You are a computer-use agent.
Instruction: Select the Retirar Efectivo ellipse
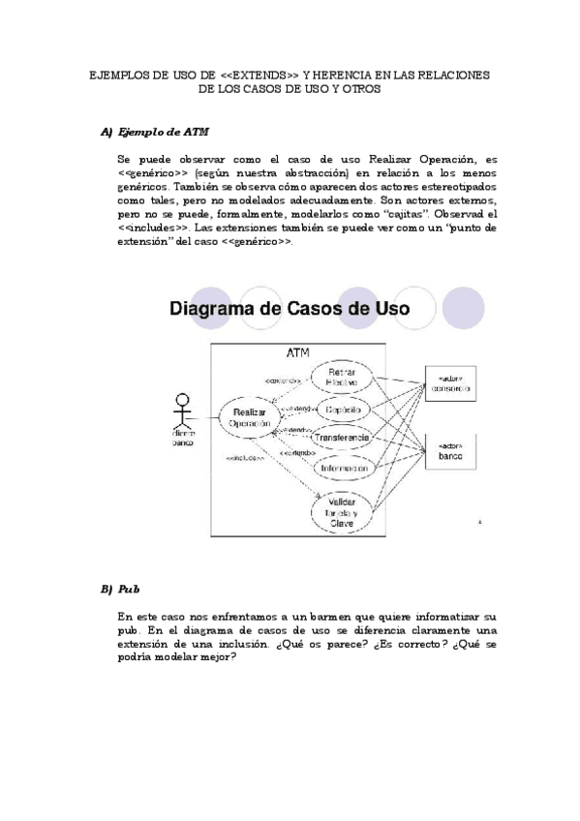pyautogui.click(x=342, y=378)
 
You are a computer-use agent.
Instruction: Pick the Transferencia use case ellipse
pyautogui.click(x=342, y=438)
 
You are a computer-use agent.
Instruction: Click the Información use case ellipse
pyautogui.click(x=342, y=468)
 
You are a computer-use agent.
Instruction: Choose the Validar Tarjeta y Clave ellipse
pyautogui.click(x=342, y=510)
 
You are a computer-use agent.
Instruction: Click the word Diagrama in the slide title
pyautogui.click(x=220, y=310)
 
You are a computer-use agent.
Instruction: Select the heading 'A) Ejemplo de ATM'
pyautogui.click(x=155, y=132)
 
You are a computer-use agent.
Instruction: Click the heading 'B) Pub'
pyautogui.click(x=120, y=589)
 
